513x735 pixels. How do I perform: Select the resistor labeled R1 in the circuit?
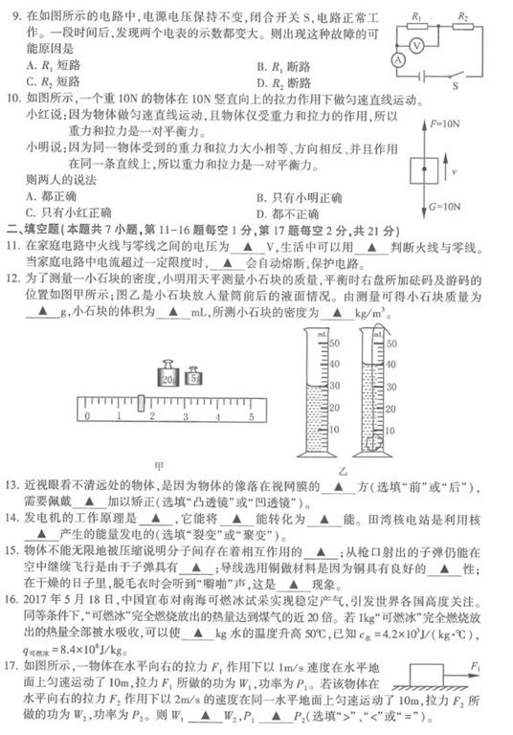pos(419,27)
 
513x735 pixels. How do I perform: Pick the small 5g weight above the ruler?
pos(194,380)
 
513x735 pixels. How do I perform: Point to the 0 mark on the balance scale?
pos(89,417)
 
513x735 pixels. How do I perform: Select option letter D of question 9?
pos(260,83)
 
